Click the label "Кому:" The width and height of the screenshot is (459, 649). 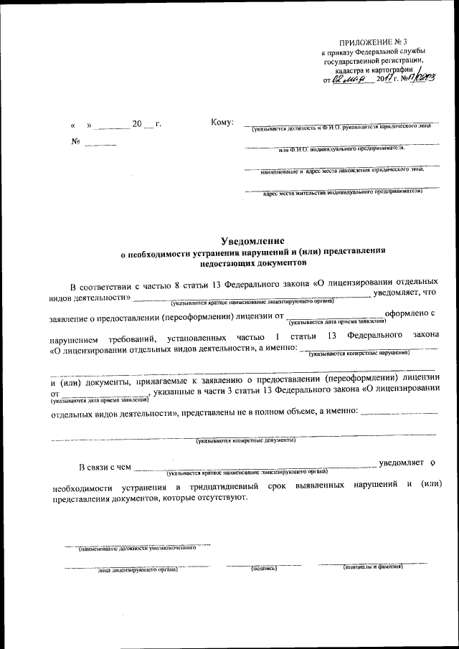point(223,123)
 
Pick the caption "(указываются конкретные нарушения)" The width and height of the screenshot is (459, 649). point(359,354)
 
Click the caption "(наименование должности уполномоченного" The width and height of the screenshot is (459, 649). point(137,549)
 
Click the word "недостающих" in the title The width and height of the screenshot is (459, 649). point(227,264)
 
